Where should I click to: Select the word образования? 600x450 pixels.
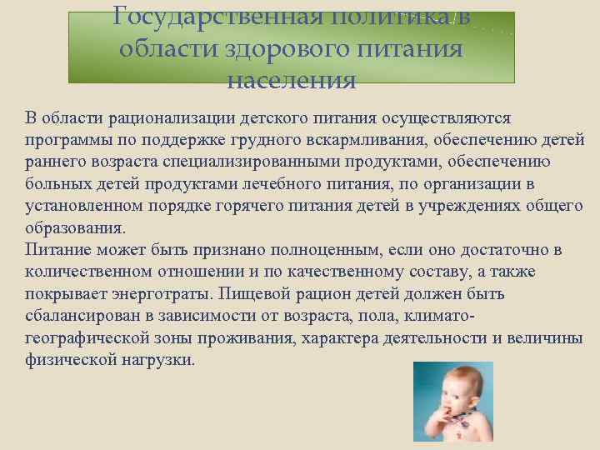pyautogui.click(x=75, y=227)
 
